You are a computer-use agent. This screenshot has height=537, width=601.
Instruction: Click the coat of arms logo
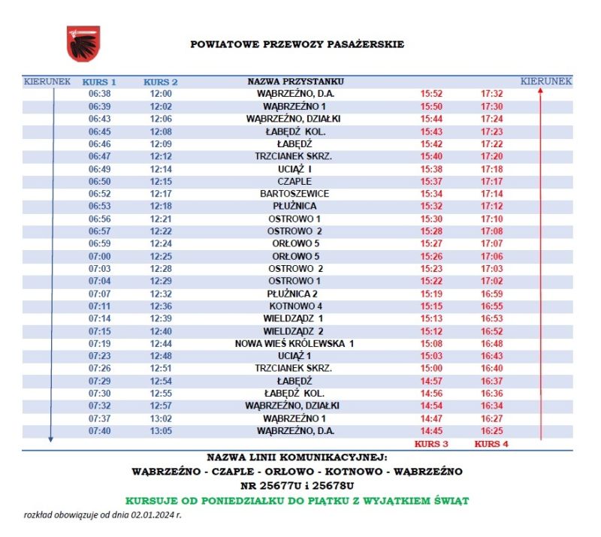click(x=83, y=44)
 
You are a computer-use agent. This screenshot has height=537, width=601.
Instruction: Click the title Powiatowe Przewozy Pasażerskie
click(x=297, y=44)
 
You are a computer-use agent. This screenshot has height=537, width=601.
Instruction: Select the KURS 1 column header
click(x=99, y=81)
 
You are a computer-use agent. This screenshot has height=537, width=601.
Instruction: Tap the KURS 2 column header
click(x=161, y=81)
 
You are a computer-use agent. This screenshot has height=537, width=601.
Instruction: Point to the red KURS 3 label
click(x=431, y=444)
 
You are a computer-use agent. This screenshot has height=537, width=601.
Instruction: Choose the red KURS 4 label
click(x=491, y=444)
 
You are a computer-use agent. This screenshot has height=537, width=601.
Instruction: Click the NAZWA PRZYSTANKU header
click(x=295, y=81)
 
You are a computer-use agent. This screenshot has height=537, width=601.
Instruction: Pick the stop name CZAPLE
click(x=294, y=181)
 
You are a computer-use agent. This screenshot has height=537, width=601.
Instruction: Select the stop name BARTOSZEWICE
click(x=294, y=194)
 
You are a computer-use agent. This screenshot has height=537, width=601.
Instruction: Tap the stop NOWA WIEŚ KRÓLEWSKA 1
click(x=294, y=343)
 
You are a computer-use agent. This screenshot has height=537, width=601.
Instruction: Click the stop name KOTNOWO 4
click(x=295, y=306)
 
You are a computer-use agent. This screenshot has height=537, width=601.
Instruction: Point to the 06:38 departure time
click(x=99, y=94)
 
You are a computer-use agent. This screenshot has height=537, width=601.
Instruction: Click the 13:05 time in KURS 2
click(x=161, y=431)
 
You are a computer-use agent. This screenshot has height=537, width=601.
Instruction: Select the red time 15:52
click(x=431, y=94)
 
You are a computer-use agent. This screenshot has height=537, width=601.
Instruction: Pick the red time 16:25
click(x=491, y=431)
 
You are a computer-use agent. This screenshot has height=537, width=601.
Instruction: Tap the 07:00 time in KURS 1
click(x=99, y=256)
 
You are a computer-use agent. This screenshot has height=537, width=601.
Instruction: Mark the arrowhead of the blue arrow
click(x=50, y=439)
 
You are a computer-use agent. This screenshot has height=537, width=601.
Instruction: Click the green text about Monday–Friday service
click(x=297, y=500)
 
